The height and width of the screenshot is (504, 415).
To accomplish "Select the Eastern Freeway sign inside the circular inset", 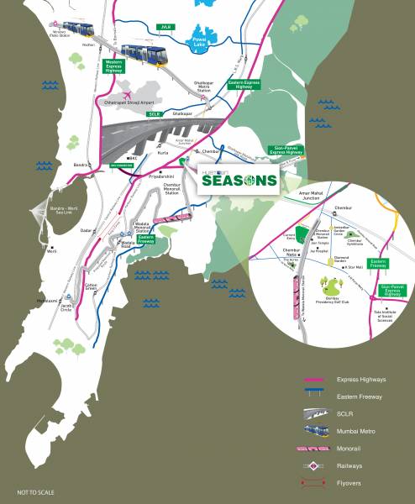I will pyautogui.click(x=378, y=264).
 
